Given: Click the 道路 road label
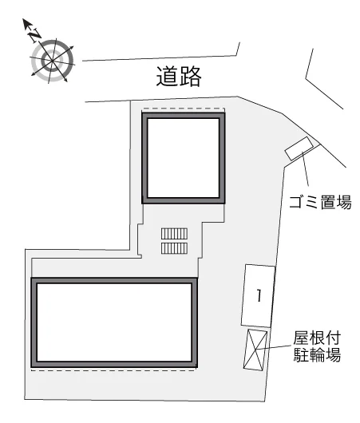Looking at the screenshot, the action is point(179,77).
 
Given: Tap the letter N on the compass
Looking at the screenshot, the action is point(35,35).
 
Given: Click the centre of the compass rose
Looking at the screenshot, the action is point(52,61).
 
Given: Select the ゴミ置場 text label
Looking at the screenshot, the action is point(320,202).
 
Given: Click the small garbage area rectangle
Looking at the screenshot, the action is point(299,148).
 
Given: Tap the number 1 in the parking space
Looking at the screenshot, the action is point(259,295).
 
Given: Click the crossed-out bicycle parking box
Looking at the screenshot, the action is point(255,350).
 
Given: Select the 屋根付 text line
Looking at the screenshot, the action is point(317,338).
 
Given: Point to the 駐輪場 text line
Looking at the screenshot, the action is point(317,354).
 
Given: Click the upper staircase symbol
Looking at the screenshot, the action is point(174,234).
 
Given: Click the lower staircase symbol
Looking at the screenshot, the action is point(174,248).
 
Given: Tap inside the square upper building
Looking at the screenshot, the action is point(184,158).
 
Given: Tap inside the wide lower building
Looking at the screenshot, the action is point(114,322).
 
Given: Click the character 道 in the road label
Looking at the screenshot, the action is point(167,77).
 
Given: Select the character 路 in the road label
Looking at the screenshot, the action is point(191,77).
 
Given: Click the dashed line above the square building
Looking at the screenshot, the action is point(184,109).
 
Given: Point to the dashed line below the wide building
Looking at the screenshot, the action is point(113,371).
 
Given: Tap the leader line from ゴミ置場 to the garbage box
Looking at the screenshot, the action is point(306,169).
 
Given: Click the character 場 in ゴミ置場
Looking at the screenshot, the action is point(344,202).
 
